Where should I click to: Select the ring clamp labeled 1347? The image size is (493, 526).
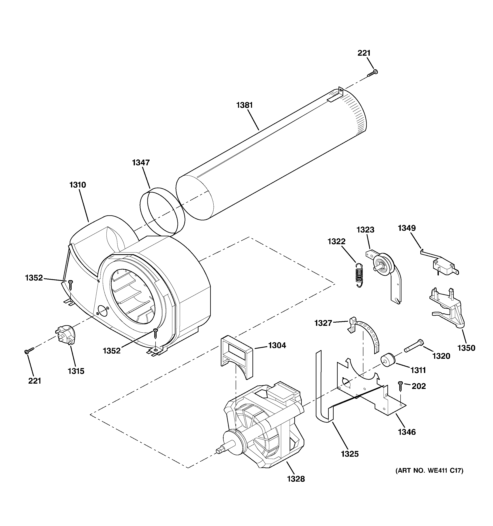click(x=162, y=212)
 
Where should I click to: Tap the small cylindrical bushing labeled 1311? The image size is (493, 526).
click(x=388, y=361)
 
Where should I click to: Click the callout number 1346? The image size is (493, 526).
click(x=407, y=432)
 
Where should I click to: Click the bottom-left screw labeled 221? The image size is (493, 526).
click(x=29, y=351)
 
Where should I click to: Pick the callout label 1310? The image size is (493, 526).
click(x=78, y=185)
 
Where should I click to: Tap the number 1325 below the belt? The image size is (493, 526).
click(x=350, y=454)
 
